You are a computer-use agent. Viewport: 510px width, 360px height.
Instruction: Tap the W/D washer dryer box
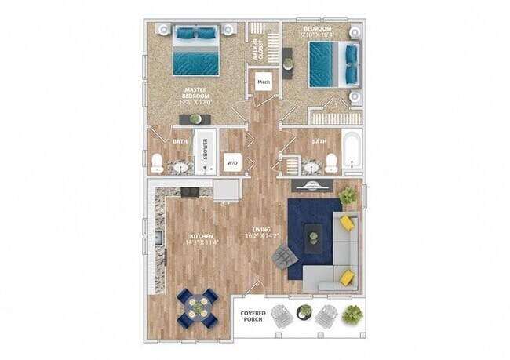[x=233, y=162]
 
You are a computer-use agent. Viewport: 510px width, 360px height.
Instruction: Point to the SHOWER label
[x=206, y=149]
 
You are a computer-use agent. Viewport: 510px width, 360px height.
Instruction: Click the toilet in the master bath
[x=157, y=162]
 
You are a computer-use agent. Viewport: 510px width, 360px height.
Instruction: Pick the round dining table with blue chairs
[x=197, y=306]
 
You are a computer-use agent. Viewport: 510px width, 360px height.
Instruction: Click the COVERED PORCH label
[x=253, y=317]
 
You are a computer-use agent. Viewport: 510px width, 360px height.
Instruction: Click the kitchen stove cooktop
[x=191, y=191]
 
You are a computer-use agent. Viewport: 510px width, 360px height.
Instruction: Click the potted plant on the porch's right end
[x=352, y=315]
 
